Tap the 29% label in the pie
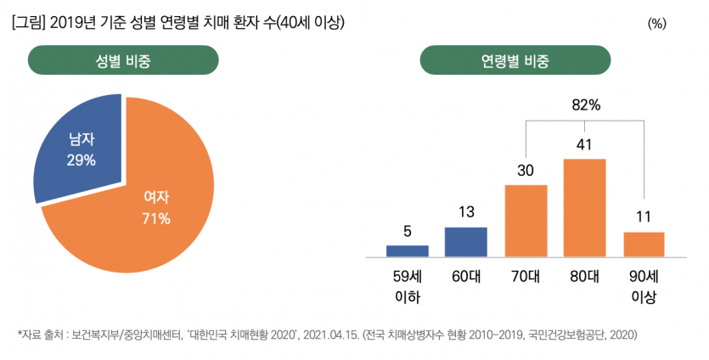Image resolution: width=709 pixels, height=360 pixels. tap(82, 160)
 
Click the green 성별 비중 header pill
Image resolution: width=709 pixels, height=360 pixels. tap(124, 61)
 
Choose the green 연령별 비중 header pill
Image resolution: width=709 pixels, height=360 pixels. tap(515, 61)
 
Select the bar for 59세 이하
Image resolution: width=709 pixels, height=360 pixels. tap(408, 250)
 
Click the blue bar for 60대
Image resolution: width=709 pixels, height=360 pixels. tap(466, 241)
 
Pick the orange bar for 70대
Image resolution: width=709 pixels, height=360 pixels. tap(526, 220)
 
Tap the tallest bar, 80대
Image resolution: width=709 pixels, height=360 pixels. tap(584, 207)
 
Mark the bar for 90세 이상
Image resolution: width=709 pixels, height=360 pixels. tap(644, 244)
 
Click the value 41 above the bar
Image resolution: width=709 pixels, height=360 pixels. tap(584, 145)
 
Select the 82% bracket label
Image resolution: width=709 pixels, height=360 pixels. tap(586, 105)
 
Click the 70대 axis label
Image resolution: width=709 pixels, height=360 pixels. tap(526, 276)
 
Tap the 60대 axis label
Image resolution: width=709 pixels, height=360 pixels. tap(466, 276)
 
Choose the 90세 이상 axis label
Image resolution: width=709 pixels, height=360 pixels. tap(644, 286)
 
